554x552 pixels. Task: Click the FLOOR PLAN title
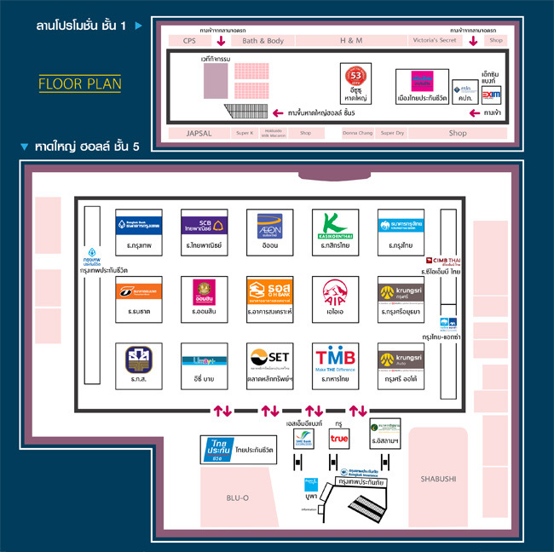80,83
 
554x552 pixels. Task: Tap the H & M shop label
350,40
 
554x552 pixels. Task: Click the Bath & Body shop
263,40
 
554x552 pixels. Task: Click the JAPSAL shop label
198,133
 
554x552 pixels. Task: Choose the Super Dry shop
393,133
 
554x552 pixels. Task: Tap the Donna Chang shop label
357,133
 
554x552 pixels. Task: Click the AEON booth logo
268,225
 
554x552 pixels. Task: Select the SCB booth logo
203,225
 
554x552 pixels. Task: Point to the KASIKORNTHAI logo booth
334,225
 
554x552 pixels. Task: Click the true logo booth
338,439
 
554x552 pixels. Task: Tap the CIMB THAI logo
448,262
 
